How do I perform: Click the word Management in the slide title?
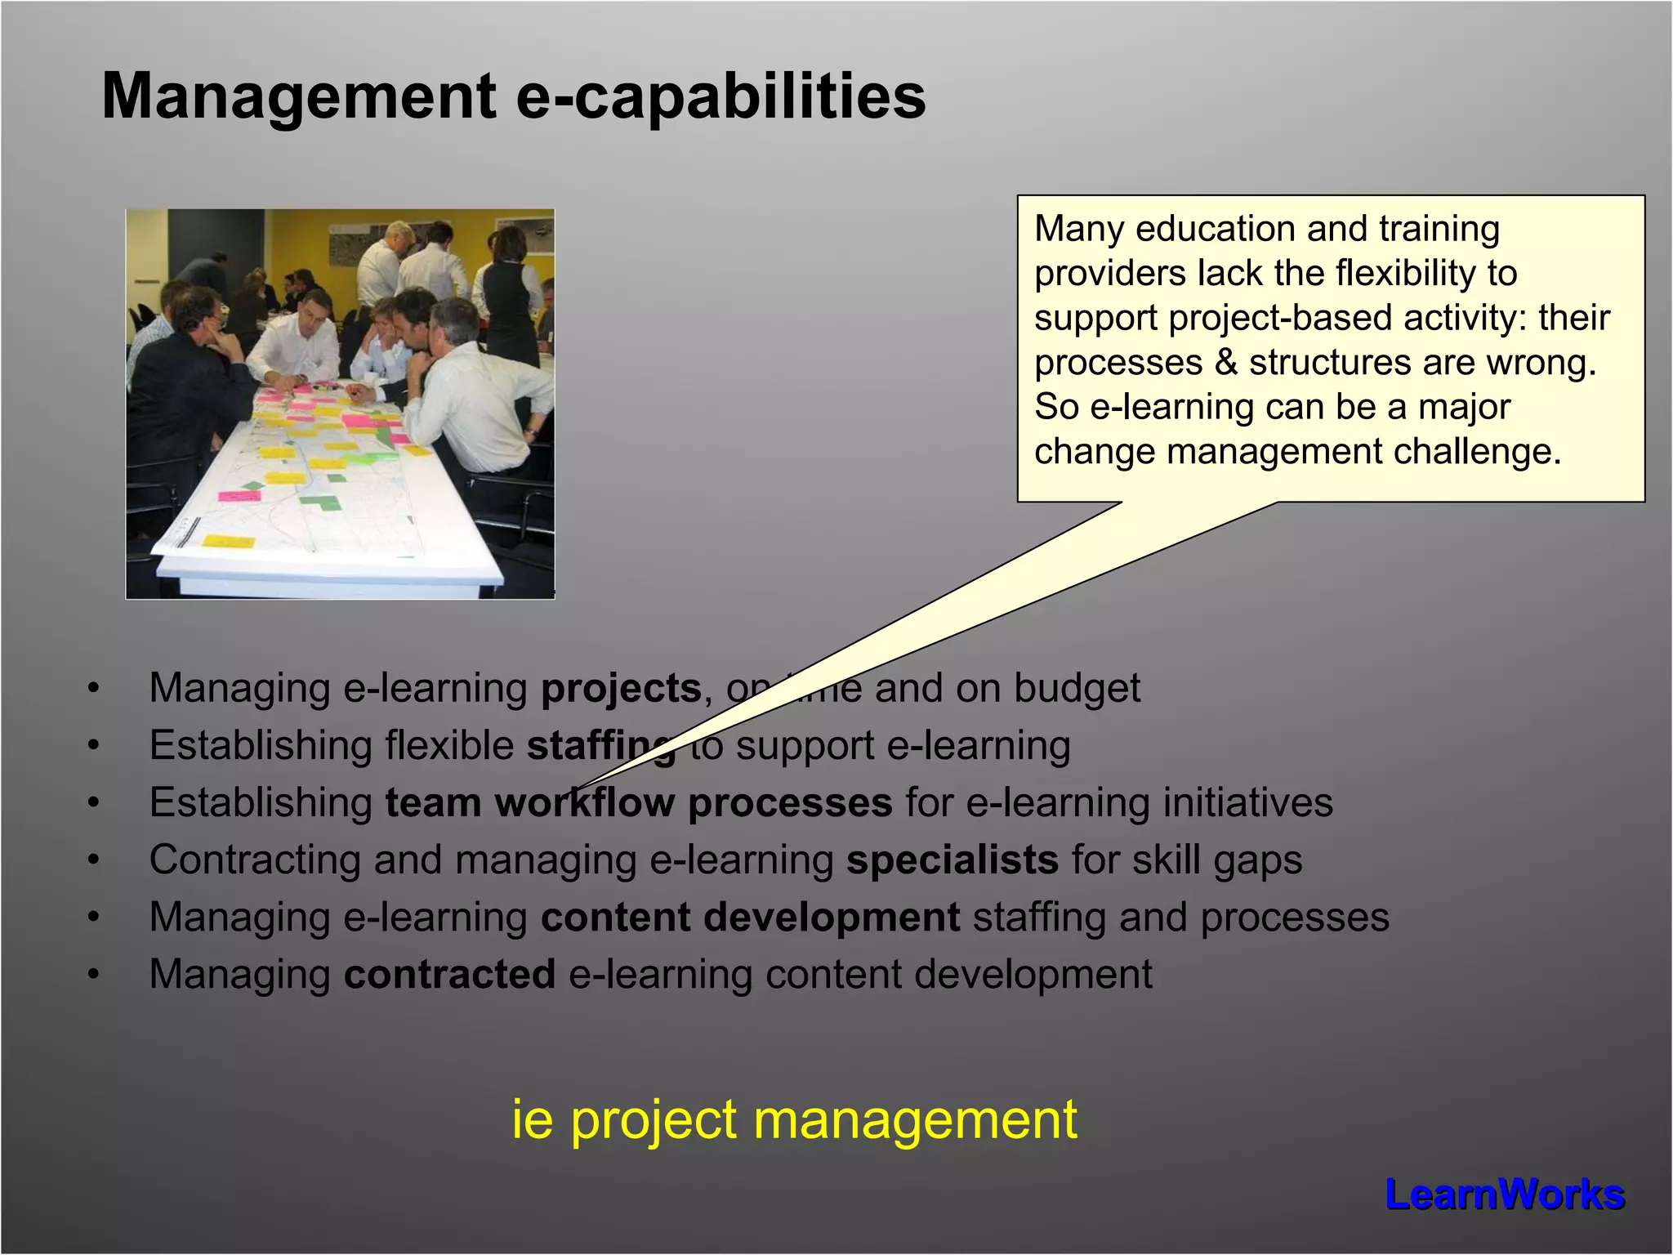tap(298, 96)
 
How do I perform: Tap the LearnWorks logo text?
tap(1505, 1195)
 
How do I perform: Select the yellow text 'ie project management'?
tap(794, 1119)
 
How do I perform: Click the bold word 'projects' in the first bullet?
tap(621, 688)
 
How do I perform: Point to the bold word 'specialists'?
tap(952, 860)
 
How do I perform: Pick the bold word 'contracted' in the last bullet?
tap(449, 974)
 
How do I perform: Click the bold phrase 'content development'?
tap(750, 917)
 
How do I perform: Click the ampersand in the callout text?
tap(1225, 362)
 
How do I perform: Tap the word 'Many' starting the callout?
tap(1079, 229)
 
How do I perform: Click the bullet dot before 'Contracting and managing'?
tap(95, 860)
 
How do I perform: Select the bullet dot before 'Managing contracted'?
tap(95, 975)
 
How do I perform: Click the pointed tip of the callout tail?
tap(578, 790)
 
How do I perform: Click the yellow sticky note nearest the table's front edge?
tap(228, 541)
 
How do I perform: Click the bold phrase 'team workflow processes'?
tap(639, 802)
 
